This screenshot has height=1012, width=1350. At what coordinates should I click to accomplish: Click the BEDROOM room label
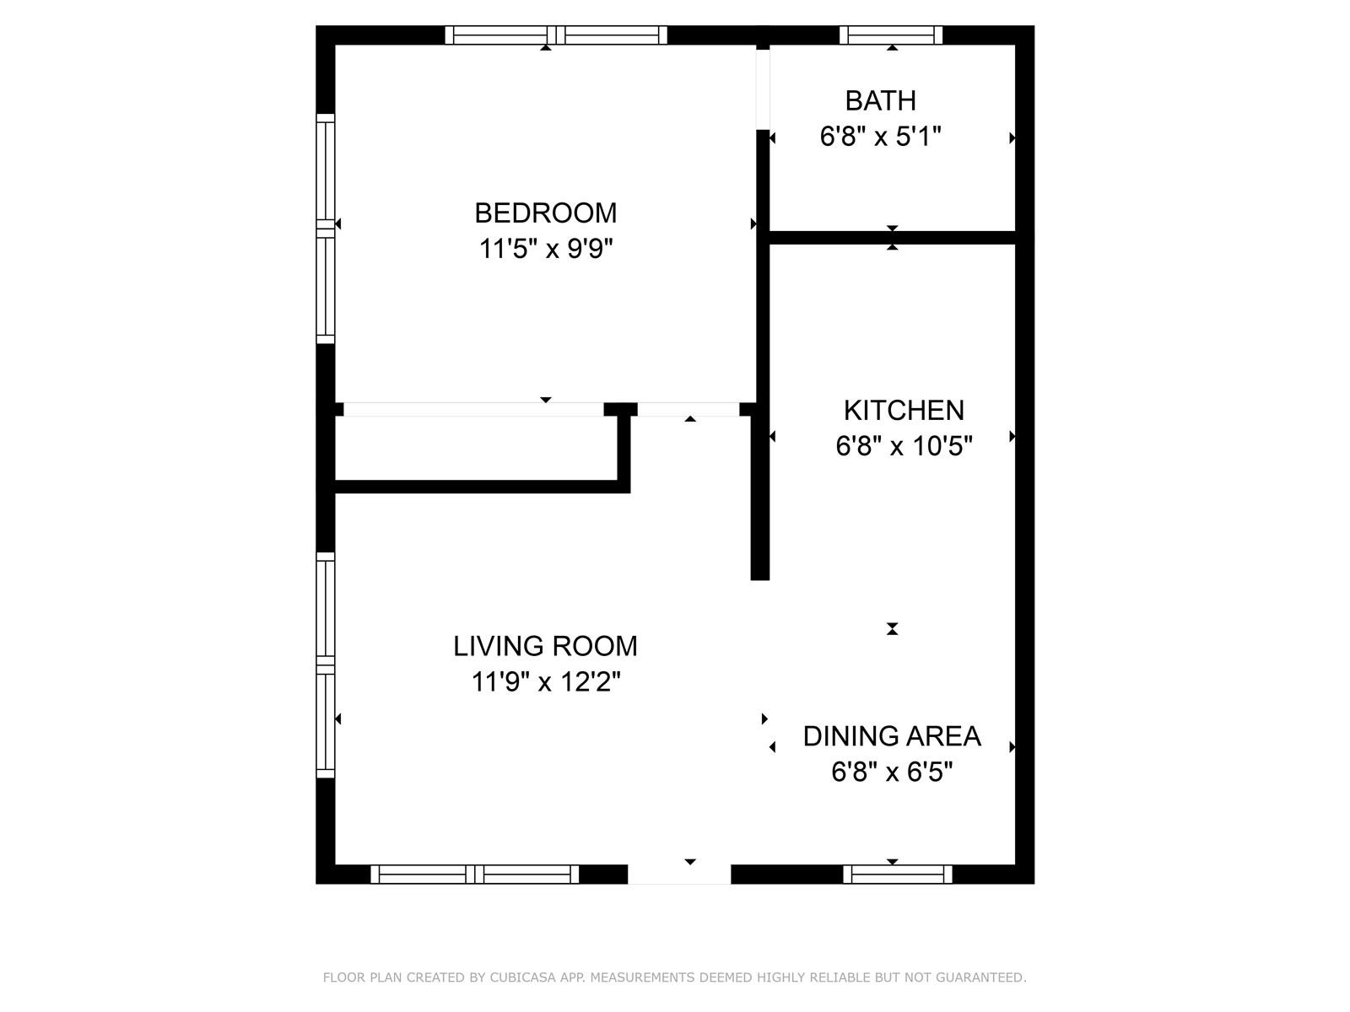coord(545,213)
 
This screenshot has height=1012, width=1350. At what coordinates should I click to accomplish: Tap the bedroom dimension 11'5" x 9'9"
coord(546,249)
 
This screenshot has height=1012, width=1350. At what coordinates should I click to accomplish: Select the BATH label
coord(880,100)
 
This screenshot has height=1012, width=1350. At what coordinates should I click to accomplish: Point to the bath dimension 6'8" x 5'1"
coord(880,137)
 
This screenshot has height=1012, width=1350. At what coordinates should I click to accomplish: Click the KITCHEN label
coord(904,411)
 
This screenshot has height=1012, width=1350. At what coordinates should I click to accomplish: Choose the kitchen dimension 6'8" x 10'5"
coord(904,446)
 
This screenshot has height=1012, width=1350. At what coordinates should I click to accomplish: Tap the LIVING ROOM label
coord(545,646)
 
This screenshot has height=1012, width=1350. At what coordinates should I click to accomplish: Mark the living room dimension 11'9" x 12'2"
coord(546,682)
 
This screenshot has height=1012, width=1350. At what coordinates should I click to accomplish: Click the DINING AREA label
coord(892,736)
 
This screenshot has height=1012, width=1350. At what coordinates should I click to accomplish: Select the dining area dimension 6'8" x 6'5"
coord(892,772)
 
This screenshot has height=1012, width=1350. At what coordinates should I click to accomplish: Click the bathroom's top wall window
coord(890,35)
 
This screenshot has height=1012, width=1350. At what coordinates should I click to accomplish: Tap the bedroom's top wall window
coord(556,35)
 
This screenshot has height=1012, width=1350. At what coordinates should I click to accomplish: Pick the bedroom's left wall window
coord(326,229)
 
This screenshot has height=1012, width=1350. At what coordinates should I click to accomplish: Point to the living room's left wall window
coord(326,665)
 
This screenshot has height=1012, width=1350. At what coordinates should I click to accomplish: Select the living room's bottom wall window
coord(474,875)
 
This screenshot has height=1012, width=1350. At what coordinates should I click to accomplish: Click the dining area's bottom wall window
coord(898,875)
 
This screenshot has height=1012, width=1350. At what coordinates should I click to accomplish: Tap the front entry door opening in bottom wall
coord(679,875)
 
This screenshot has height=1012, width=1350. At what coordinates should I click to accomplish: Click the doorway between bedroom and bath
coord(763,89)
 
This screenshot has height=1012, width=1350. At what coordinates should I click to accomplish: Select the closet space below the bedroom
coord(476,448)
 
